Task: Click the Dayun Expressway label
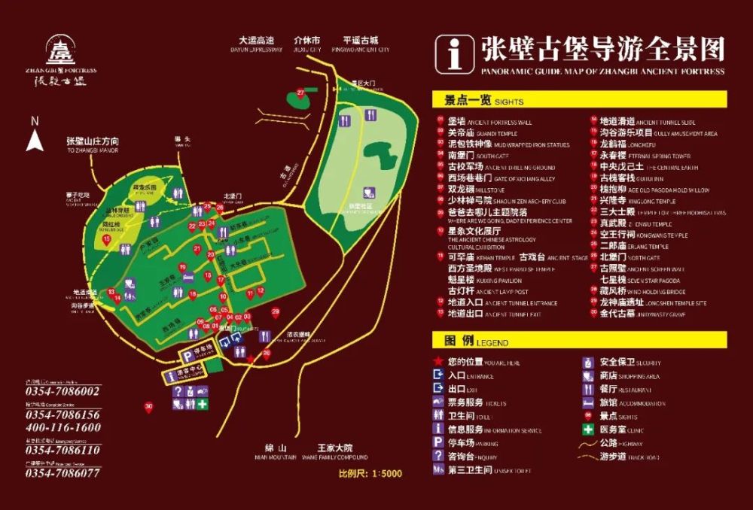click(x=256, y=44)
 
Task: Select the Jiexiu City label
click(x=307, y=44)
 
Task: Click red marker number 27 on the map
click(x=300, y=93)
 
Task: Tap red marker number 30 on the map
click(x=148, y=407)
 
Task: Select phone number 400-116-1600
click(x=63, y=427)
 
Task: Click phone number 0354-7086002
click(x=63, y=391)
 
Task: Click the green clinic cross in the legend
click(x=587, y=430)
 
